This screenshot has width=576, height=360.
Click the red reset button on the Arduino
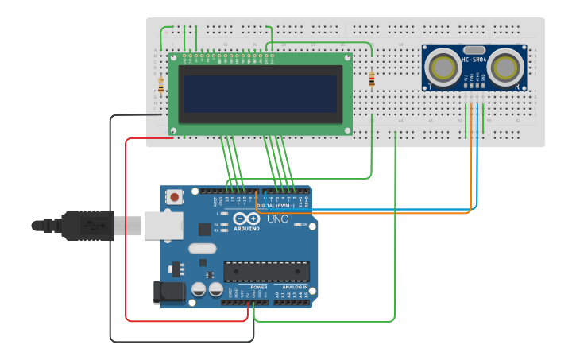click(x=173, y=195)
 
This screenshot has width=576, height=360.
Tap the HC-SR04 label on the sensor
click(x=474, y=60)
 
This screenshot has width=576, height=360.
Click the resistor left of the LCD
click(x=161, y=84)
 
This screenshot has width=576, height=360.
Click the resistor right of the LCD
click(x=372, y=79)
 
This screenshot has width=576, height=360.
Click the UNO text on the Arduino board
click(x=277, y=219)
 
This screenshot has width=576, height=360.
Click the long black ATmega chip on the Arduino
click(x=266, y=272)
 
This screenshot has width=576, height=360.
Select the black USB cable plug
click(x=87, y=225)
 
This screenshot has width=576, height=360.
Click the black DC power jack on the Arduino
click(x=169, y=292)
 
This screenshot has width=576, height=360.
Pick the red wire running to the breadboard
click(x=126, y=238)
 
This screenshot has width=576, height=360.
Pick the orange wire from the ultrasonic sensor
click(x=471, y=159)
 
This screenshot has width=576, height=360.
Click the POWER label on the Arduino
click(x=259, y=287)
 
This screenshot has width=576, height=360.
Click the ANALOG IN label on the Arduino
click(x=295, y=287)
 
